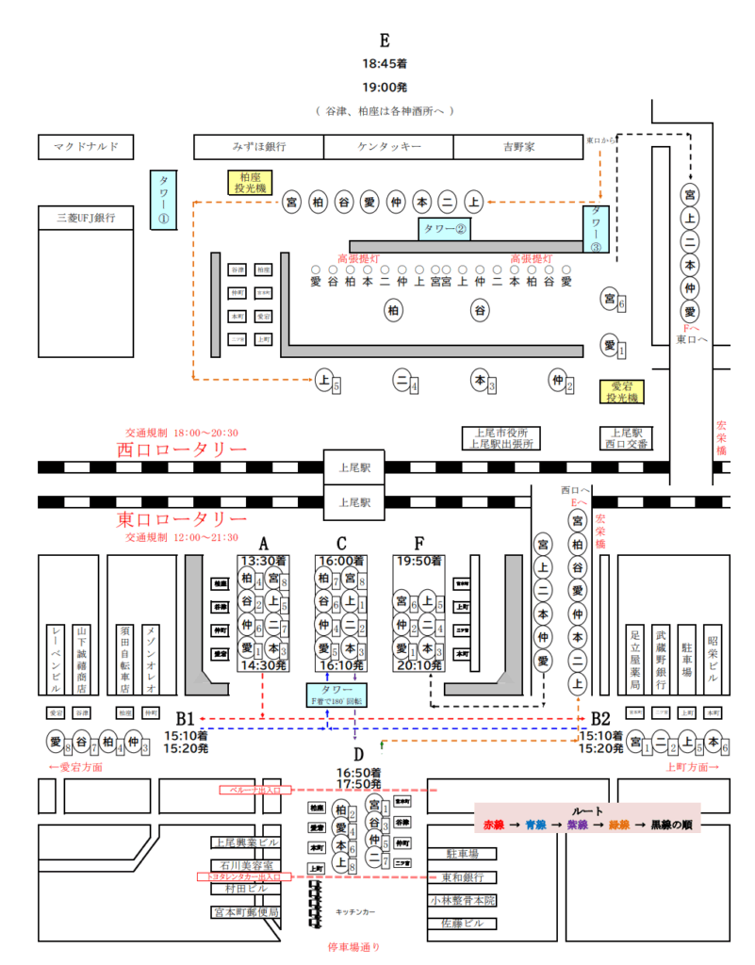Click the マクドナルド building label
tap(86, 147)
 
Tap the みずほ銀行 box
tap(259, 147)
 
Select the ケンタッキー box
tap(388, 147)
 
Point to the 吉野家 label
tap(517, 147)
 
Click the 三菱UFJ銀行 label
tap(86, 218)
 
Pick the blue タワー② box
tap(444, 228)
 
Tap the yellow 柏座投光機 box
tap(250, 183)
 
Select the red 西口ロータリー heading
tap(182, 449)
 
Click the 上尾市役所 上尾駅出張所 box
tap(501, 438)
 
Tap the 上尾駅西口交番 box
tap(627, 438)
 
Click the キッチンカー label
tap(355, 912)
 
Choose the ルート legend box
tap(587, 817)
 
